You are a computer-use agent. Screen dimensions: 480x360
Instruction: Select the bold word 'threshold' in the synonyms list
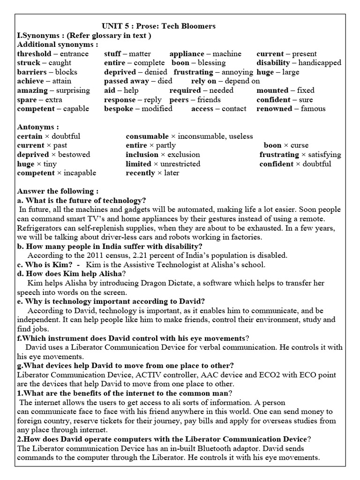pos(34,54)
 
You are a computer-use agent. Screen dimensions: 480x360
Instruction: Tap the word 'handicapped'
pos(320,63)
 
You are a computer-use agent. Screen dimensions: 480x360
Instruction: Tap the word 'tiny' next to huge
pos(49,164)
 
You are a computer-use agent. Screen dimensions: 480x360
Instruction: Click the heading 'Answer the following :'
pos(58,191)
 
